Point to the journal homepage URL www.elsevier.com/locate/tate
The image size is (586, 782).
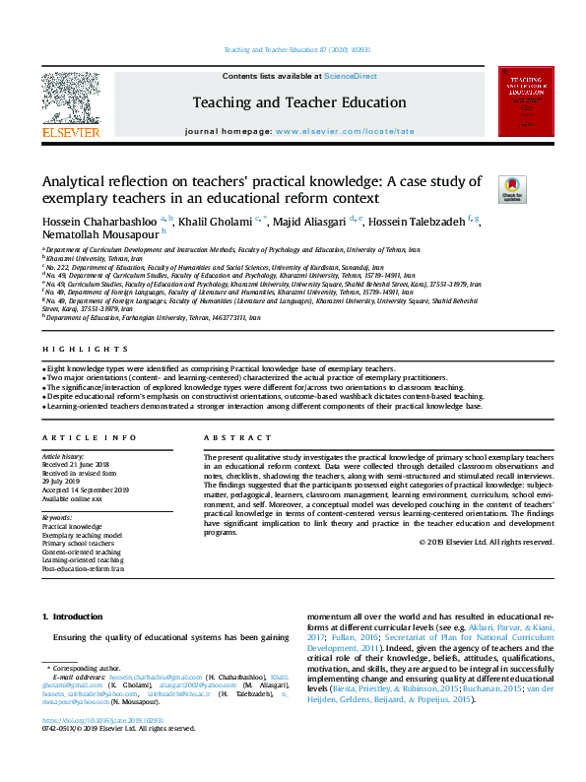(x=344, y=131)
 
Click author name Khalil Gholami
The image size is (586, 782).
(x=215, y=219)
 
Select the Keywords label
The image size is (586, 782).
(x=59, y=517)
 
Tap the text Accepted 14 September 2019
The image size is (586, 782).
(x=88, y=489)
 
